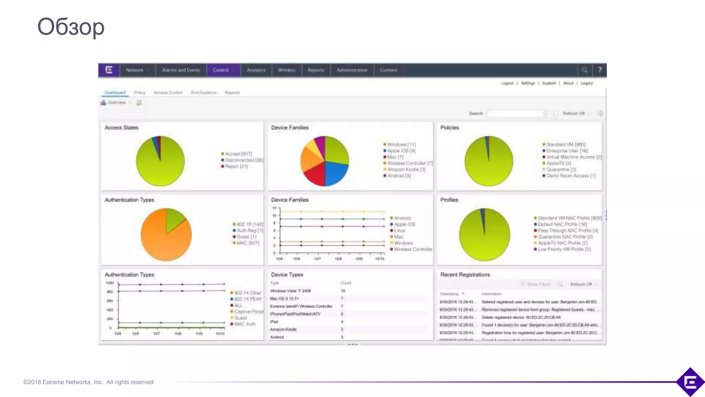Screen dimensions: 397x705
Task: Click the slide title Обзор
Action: [71, 27]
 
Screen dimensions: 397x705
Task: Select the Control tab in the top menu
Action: [221, 70]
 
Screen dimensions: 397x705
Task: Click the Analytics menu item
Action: [256, 70]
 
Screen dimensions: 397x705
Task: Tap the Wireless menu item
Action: [286, 70]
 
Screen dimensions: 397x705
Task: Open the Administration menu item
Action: [352, 70]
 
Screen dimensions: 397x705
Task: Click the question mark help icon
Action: [600, 70]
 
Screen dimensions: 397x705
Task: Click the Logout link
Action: [507, 83]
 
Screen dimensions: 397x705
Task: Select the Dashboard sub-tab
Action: [115, 92]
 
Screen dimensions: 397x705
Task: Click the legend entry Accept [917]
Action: [238, 154]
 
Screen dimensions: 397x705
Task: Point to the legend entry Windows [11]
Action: [401, 144]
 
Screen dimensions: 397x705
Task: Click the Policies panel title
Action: [450, 128]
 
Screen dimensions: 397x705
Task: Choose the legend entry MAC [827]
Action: [248, 243]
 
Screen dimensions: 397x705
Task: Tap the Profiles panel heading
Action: [449, 200]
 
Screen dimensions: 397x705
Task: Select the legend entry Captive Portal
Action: [248, 312]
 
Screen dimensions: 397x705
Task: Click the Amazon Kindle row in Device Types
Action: [283, 329]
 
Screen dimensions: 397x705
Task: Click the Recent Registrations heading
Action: [465, 275]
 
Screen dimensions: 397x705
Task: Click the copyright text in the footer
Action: [88, 382]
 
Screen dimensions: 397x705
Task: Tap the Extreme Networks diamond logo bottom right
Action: [690, 382]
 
